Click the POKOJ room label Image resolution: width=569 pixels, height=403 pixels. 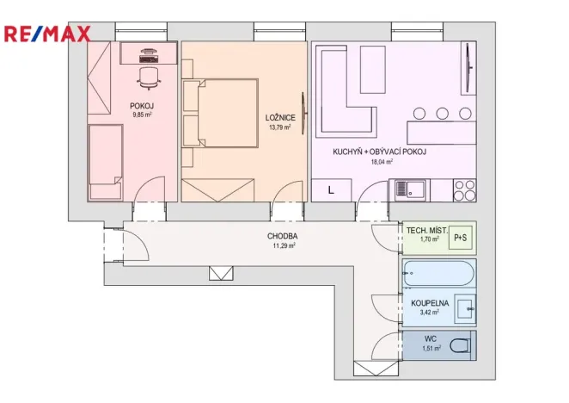pyautogui.click(x=143, y=106)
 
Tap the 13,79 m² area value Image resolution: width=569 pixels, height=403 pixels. pyautogui.click(x=278, y=127)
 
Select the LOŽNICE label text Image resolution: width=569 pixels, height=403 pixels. pyautogui.click(x=279, y=117)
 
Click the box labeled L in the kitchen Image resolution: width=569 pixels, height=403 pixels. pyautogui.click(x=331, y=189)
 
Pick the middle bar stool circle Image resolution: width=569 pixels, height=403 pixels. pyautogui.click(x=442, y=113)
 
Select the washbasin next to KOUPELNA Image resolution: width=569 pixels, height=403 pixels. pyautogui.click(x=465, y=307)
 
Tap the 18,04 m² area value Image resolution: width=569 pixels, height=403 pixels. pyautogui.click(x=381, y=161)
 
